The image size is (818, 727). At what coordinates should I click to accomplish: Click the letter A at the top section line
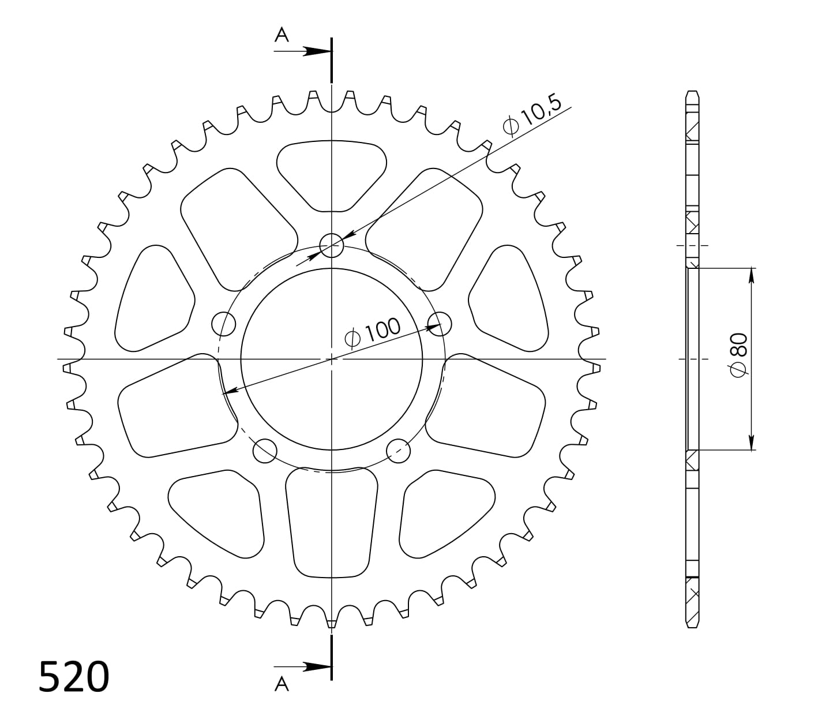281,36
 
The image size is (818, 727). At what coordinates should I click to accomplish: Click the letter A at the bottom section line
281,684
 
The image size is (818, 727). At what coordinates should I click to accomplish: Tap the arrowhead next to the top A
317,51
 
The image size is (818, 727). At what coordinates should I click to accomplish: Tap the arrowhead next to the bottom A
317,667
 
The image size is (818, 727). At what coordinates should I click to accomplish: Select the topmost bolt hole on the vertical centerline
332,246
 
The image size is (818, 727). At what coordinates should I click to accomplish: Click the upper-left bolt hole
224,324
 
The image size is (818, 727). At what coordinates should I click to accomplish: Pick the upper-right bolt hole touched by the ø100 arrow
440,324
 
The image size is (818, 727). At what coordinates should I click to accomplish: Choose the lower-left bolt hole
265,451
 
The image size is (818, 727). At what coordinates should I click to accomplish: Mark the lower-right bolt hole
398,451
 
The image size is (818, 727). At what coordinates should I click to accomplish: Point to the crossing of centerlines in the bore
332,359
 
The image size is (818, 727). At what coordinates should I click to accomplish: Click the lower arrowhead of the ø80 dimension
751,443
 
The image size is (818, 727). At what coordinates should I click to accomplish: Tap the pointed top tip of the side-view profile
692,92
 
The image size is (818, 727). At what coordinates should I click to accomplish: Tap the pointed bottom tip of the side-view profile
692,627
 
